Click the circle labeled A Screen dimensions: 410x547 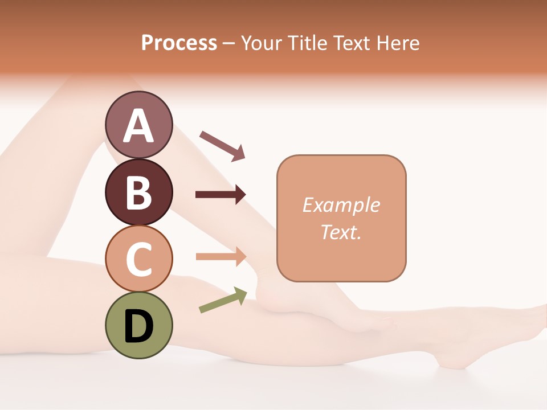point(139,125)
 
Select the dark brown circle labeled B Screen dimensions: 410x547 point(139,192)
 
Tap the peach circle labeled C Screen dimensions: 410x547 point(139,259)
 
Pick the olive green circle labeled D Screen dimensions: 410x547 point(139,325)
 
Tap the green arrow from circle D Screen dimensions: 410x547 point(223,300)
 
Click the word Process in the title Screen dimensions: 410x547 point(179,43)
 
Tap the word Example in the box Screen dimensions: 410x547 point(341,205)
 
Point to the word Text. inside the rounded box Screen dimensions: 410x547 point(341,232)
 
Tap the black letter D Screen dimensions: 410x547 point(139,327)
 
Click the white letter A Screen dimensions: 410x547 point(139,126)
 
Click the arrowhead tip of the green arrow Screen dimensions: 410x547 point(246,291)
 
